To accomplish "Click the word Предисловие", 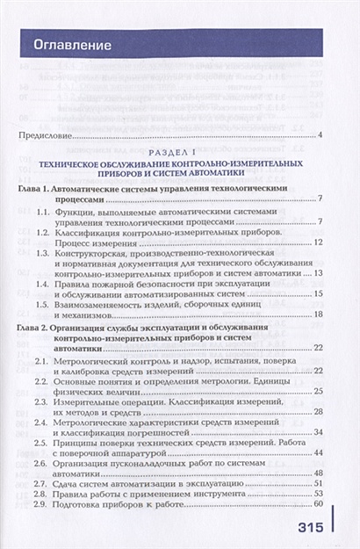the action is pyautogui.click(x=46, y=134).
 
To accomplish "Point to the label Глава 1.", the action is pyautogui.click(x=37, y=189).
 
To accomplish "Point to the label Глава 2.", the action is pyautogui.click(x=37, y=326).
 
